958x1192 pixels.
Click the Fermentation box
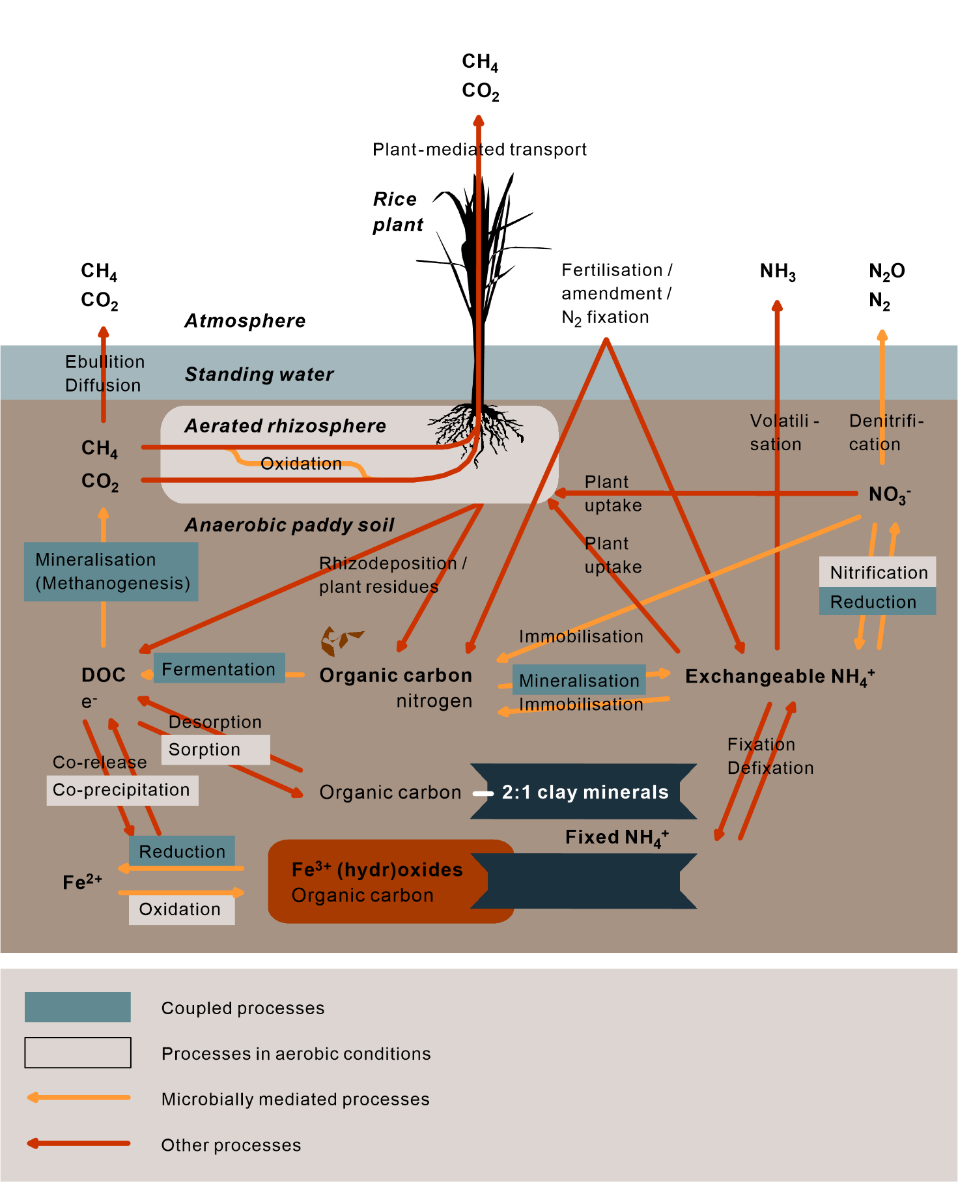tap(219, 668)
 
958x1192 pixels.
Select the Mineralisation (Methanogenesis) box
tap(111, 571)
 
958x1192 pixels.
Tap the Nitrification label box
tap(877, 572)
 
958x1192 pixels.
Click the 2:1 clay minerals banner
tap(584, 791)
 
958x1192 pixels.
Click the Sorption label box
tap(215, 749)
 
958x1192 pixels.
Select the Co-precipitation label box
tap(122, 790)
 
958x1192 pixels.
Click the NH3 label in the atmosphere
tap(778, 271)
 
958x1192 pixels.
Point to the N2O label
tap(886, 271)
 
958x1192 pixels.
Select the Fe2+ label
tap(82, 882)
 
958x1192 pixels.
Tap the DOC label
tap(104, 675)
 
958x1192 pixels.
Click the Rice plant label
tap(397, 212)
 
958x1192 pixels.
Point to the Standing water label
tap(259, 374)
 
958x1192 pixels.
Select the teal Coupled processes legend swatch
tap(77, 1007)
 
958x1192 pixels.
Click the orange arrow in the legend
tap(78, 1098)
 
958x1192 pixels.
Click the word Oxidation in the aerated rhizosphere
tap(301, 464)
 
